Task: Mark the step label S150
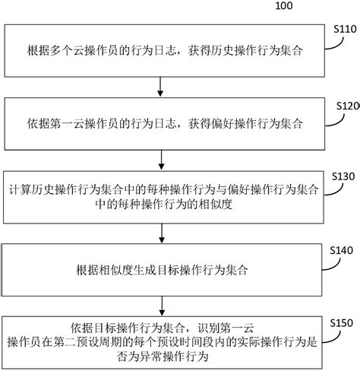tap(339, 322)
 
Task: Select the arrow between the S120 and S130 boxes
tap(159, 159)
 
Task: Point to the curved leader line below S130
tap(323, 188)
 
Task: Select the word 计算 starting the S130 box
tap(17, 188)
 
